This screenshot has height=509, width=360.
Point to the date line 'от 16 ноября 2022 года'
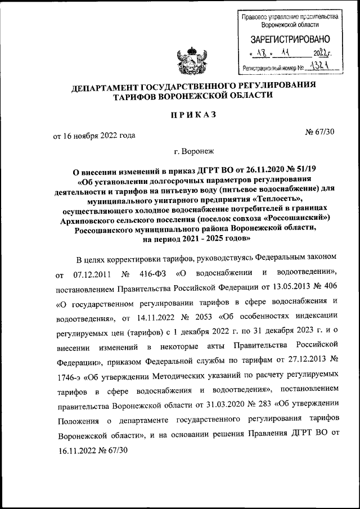tap(94, 136)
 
